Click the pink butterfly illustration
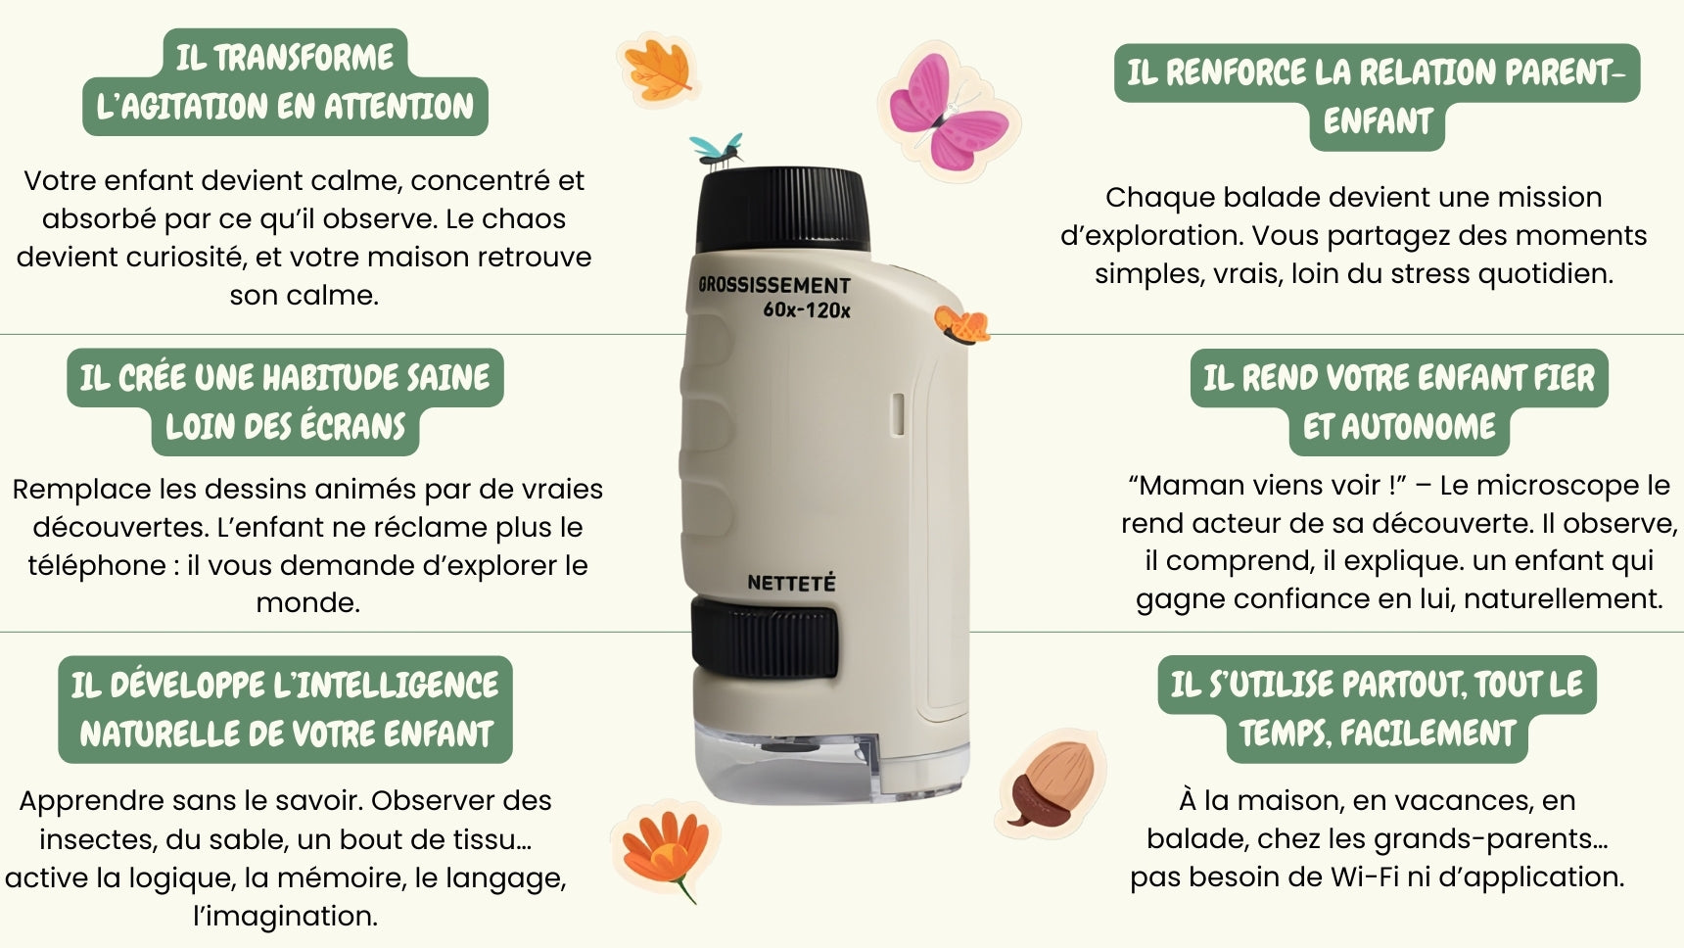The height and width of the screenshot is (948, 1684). (x=948, y=113)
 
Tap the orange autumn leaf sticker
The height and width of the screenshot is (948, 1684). (x=658, y=68)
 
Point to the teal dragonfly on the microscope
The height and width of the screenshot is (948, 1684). (x=718, y=150)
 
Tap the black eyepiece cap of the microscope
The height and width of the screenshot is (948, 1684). (x=782, y=211)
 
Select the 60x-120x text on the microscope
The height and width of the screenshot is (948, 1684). (x=807, y=310)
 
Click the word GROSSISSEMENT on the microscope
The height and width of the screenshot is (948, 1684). (x=774, y=285)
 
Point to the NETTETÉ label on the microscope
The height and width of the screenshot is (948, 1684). (x=791, y=583)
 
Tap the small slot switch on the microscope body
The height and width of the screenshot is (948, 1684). (x=897, y=413)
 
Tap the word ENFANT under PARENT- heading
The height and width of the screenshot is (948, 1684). (x=1378, y=121)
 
